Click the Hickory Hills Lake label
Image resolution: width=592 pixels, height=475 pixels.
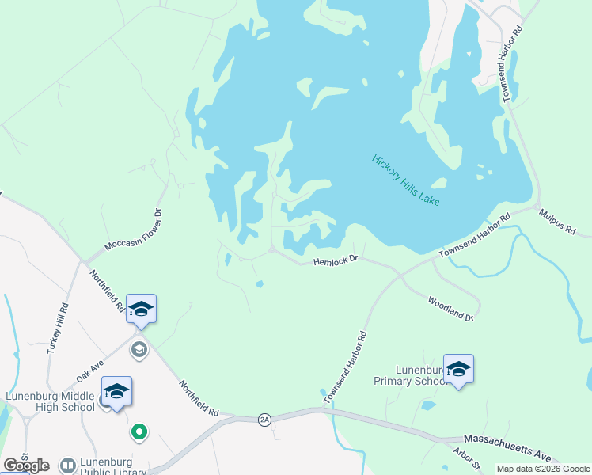pos(406,180)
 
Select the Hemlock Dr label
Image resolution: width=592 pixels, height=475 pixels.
pos(336,260)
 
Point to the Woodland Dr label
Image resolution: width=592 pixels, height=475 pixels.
pos(450,307)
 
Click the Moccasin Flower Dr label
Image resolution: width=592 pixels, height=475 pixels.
pos(133,230)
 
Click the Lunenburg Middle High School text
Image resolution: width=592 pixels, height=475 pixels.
pos(49,402)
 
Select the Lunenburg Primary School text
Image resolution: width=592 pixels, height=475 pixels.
pos(411,375)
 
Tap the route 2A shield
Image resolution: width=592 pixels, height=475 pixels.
pos(264,420)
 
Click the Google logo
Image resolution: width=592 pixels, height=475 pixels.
pos(26,465)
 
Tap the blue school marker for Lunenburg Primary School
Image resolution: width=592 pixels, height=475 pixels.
pos(458,369)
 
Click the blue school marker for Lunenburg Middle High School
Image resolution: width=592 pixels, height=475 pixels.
pos(116,391)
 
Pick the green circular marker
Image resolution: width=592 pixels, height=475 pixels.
pos(139,431)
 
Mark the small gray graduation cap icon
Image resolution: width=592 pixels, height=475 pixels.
pos(139,349)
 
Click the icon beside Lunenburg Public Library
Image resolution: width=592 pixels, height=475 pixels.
pos(67,465)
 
